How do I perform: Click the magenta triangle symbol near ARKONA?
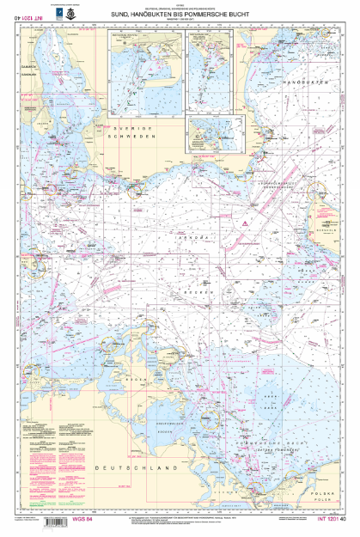245,223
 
